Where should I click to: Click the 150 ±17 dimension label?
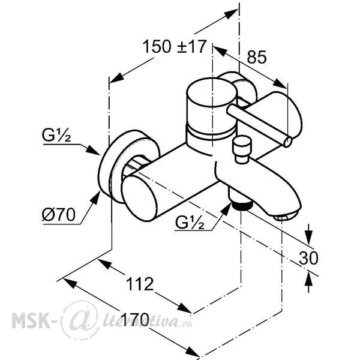coord(175,47)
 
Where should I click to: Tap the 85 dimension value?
coord(257,57)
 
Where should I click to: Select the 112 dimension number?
coord(140,284)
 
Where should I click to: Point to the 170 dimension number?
coord(136,319)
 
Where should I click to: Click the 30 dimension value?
coord(308,258)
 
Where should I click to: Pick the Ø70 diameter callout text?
coord(59,215)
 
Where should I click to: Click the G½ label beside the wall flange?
coord(56,136)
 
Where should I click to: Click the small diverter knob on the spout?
coord(242,149)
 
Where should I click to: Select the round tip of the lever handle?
coord(288,142)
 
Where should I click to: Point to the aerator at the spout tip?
coord(284,217)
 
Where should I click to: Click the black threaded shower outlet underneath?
coord(242,205)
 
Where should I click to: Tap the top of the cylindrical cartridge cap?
coord(212,92)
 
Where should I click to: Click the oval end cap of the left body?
coord(139,198)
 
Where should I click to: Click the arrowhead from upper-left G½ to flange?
coord(93,150)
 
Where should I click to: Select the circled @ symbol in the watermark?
coord(79,320)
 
